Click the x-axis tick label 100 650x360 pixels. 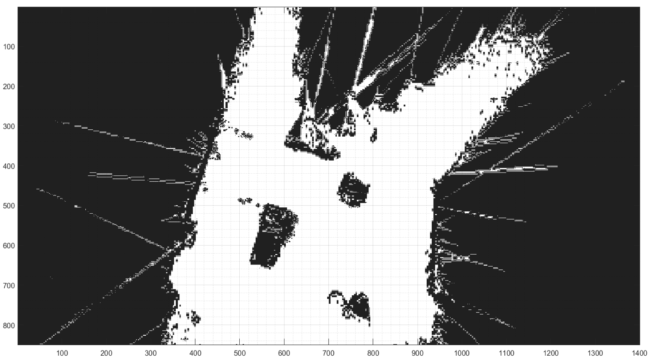tap(62, 353)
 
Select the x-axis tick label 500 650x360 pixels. tap(240, 353)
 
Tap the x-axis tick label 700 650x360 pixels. tap(329, 353)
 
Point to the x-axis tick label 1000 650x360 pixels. tap(462, 353)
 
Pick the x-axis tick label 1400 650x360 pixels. tap(639, 353)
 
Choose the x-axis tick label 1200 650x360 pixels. tap(551, 353)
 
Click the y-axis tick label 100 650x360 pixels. tap(9, 47)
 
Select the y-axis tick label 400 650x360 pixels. tap(9, 166)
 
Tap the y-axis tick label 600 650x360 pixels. tap(9, 246)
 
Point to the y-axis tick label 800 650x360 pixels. tap(9, 326)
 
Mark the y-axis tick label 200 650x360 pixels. tap(9, 87)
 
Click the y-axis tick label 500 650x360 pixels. tap(9, 206)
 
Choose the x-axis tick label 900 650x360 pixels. tap(418, 353)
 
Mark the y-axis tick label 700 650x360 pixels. tap(9, 286)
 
